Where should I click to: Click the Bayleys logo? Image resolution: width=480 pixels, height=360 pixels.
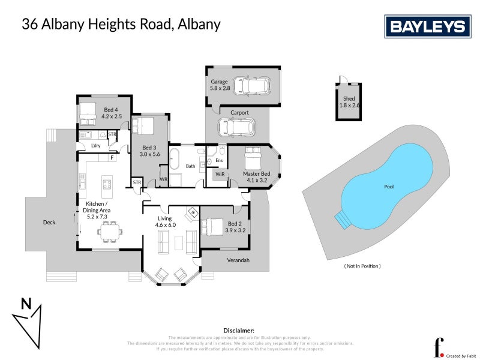[427, 26]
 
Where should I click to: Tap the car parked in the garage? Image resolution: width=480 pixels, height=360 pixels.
[251, 86]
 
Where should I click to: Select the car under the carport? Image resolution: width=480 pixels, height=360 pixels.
[233, 127]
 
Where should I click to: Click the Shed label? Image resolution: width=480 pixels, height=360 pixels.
[349, 98]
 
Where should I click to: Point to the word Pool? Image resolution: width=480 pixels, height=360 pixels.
[389, 187]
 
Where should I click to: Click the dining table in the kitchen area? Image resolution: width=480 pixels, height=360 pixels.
[109, 230]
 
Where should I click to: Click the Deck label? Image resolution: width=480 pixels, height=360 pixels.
[49, 223]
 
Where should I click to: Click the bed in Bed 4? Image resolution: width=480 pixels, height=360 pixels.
[88, 111]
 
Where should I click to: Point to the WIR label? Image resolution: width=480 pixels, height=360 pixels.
[220, 175]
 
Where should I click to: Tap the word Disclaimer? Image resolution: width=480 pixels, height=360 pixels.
[239, 331]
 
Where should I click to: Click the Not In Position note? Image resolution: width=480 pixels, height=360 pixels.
[362, 266]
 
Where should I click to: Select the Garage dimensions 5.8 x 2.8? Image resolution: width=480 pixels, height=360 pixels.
[220, 88]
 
